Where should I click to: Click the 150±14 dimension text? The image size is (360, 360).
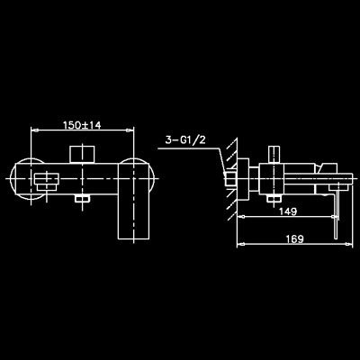click(x=82, y=125)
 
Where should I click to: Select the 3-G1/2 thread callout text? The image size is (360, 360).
click(x=185, y=140)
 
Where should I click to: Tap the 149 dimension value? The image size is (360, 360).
click(x=288, y=211)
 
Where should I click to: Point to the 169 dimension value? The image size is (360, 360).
click(x=294, y=239)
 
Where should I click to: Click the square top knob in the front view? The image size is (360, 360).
click(x=82, y=155)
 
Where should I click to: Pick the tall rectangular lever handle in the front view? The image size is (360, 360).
click(x=132, y=201)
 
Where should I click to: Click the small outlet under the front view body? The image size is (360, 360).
click(x=82, y=198)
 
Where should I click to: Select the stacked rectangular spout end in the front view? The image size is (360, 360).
click(x=47, y=182)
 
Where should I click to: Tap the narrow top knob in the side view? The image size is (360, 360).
click(x=274, y=155)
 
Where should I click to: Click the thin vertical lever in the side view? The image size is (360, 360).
click(x=337, y=215)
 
